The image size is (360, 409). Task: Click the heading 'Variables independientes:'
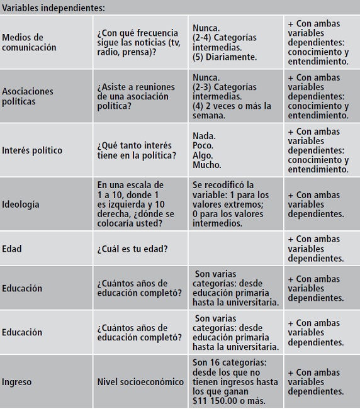(53, 8)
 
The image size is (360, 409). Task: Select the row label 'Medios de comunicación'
(29, 43)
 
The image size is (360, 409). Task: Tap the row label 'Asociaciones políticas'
(28, 96)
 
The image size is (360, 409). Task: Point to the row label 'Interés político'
(32, 150)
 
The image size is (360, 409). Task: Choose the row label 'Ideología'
(21, 204)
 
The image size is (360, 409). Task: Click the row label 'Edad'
(12, 249)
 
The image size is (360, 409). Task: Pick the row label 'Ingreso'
(16, 381)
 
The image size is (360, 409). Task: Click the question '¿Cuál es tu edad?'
(132, 249)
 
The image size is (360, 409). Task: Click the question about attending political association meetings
(133, 96)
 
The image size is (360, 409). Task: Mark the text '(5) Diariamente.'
(225, 57)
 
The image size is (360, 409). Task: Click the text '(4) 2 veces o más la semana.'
(232, 111)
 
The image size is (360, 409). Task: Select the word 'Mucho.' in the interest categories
(207, 165)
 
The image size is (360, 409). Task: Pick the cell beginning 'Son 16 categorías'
(234, 381)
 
